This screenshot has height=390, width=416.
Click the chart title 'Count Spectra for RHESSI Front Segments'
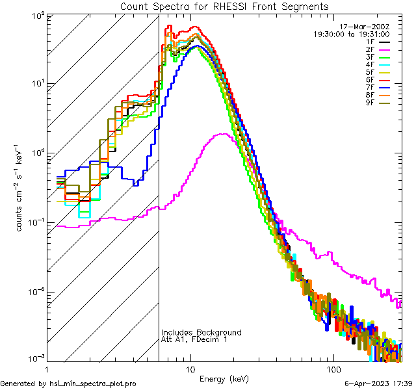224,6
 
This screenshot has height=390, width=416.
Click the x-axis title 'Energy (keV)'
224,379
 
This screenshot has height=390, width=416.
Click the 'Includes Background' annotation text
201,332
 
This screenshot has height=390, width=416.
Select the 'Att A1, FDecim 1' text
194,339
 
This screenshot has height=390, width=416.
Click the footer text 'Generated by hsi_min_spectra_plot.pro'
68,383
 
